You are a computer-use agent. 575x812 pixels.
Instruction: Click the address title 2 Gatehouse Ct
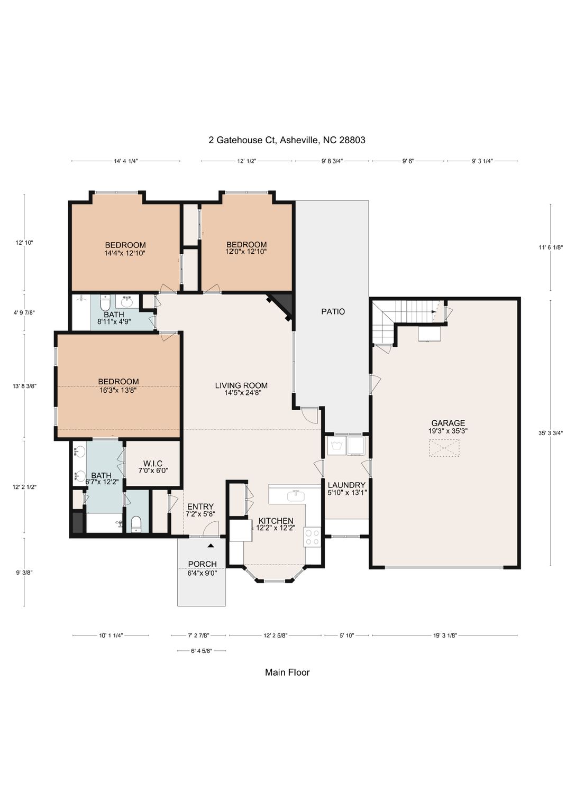tap(242, 140)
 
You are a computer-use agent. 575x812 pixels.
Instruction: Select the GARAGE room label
tap(448, 423)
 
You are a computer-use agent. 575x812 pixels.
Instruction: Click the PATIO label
tap(333, 311)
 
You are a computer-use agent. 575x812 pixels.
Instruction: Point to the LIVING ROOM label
tap(241, 385)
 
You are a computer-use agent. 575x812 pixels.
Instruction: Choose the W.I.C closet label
tap(153, 463)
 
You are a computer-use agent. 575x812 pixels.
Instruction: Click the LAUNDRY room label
tap(346, 485)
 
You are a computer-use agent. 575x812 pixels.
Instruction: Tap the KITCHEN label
tap(276, 521)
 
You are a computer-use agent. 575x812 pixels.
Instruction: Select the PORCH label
tap(203, 564)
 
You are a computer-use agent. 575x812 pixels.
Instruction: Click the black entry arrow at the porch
tap(211, 545)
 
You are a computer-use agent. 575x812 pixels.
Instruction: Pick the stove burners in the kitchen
tap(312, 537)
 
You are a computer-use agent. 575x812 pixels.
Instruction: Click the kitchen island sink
tap(297, 495)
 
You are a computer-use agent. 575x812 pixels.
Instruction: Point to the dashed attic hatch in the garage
tap(444, 448)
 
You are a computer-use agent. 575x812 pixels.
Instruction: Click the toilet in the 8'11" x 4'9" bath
tap(105, 302)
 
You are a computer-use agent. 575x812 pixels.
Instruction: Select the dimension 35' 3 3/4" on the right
tap(551, 433)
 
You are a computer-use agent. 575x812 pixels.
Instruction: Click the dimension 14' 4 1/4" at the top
tap(126, 161)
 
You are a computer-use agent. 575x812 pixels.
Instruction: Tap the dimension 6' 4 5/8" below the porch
tap(202, 651)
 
